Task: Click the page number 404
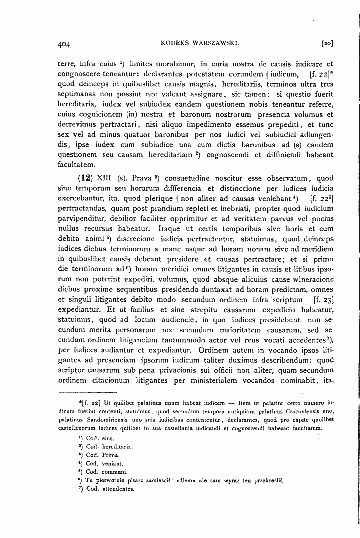[x=63, y=44]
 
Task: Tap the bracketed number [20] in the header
[x=327, y=44]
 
